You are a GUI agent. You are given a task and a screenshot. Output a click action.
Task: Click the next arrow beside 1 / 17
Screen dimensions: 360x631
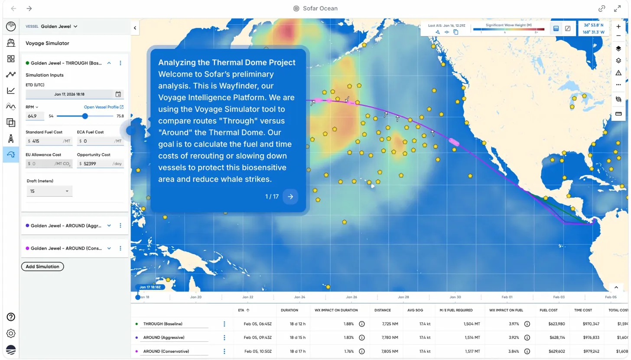tap(290, 197)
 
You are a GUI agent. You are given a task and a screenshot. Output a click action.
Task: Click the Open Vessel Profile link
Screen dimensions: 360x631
tap(104, 107)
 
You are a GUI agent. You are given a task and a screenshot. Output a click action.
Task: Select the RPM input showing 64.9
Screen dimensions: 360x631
tap(35, 116)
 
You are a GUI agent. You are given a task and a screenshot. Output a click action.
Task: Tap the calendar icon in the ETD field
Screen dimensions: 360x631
tap(118, 94)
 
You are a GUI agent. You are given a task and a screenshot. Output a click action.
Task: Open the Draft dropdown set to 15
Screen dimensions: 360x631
tap(49, 191)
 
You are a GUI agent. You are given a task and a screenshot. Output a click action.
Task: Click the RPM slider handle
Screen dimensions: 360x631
tap(85, 116)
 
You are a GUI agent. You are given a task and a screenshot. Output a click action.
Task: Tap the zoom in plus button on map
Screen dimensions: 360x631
tap(618, 26)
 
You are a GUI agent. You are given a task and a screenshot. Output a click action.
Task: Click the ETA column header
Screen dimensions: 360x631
tap(244, 310)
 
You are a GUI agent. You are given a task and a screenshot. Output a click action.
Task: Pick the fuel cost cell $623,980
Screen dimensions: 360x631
tap(550, 324)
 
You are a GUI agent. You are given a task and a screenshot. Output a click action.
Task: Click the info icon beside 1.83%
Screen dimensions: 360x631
tap(362, 337)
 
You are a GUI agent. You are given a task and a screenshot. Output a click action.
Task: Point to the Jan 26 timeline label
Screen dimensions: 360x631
tap(351, 297)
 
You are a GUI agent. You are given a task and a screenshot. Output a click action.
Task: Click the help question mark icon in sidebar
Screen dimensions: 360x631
tap(11, 317)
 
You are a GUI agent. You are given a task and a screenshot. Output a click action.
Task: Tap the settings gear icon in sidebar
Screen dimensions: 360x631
tap(11, 333)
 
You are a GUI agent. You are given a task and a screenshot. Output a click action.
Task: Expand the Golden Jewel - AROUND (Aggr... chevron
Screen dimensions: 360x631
tap(109, 226)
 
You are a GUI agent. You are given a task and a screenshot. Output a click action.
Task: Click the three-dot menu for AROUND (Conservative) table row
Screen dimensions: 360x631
tap(224, 351)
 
